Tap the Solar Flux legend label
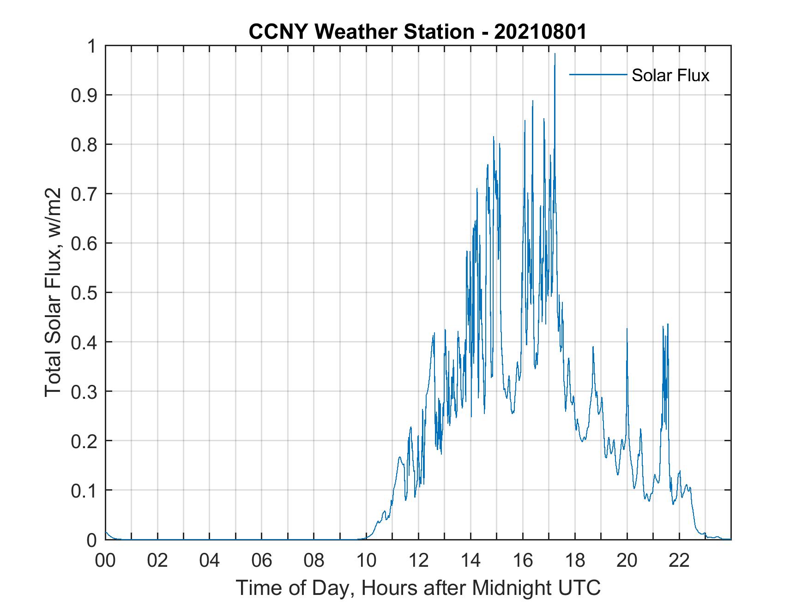coord(670,75)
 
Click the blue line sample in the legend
coord(597,74)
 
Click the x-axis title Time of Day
coord(418,588)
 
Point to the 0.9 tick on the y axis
coord(85,95)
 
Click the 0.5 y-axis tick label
coord(85,293)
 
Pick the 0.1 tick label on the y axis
coord(85,490)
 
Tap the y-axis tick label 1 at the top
coord(92,46)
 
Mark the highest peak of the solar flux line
coord(555,54)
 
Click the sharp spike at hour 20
coord(627,329)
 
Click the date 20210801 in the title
coord(540,32)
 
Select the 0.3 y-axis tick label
coord(85,391)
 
